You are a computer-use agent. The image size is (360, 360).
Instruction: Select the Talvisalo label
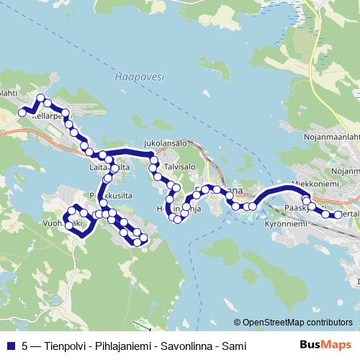tap(180, 166)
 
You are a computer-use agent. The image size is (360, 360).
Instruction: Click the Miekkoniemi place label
tap(315, 184)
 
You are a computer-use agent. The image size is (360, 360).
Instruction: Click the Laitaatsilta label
tap(109, 168)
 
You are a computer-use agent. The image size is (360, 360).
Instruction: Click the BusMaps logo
tap(325, 346)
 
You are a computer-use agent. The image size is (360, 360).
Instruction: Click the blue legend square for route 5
tap(10, 346)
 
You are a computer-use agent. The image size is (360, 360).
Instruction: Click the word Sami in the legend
tap(235, 346)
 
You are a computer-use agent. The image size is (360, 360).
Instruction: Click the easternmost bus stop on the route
tap(337, 215)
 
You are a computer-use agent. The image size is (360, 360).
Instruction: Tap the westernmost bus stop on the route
tap(22, 112)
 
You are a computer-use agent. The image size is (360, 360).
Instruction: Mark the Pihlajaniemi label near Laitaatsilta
tap(102, 195)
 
